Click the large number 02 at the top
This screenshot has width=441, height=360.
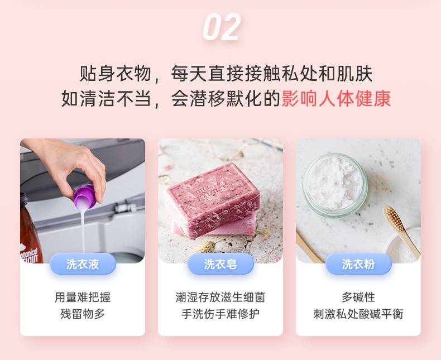(x=222, y=27)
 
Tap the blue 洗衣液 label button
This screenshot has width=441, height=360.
(x=83, y=264)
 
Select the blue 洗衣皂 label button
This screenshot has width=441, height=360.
(x=220, y=264)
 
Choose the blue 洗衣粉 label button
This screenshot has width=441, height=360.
(x=358, y=264)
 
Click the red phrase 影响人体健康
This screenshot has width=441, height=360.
(x=336, y=99)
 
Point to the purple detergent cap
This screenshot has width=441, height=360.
(x=85, y=196)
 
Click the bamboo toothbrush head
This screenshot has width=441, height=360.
(x=394, y=219)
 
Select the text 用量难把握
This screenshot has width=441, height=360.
(x=83, y=297)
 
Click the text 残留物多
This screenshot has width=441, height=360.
(x=83, y=314)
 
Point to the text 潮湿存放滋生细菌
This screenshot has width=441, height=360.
(x=220, y=297)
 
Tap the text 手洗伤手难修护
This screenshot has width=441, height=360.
(x=220, y=314)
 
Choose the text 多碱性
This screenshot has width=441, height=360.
(x=358, y=297)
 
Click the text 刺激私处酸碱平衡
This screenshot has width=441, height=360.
(x=358, y=314)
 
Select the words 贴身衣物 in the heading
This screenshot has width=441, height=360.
(x=116, y=74)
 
